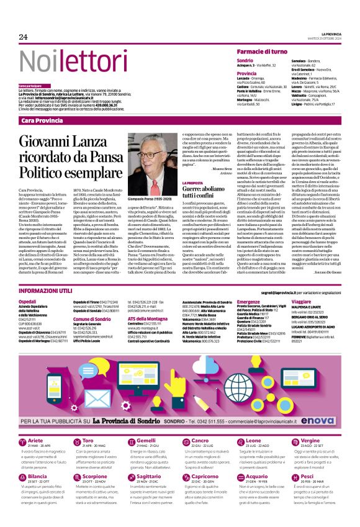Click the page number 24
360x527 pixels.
[23, 37]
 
